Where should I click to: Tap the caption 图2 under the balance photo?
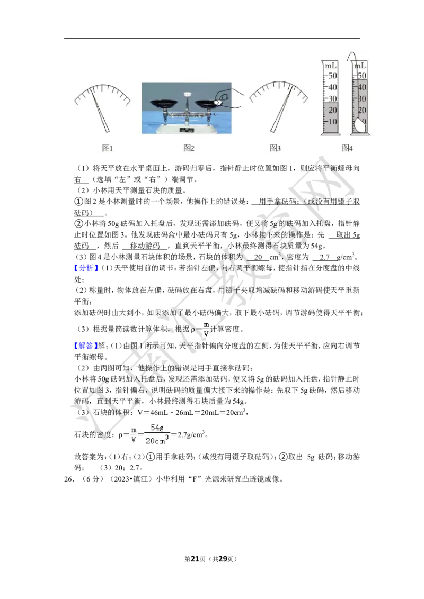(x=189, y=148)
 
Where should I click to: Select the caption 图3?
(x=275, y=148)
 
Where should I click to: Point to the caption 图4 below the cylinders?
(x=347, y=148)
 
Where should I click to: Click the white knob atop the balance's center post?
(x=186, y=94)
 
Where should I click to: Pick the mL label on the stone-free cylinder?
(x=331, y=66)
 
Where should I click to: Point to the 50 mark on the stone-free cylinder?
(x=332, y=76)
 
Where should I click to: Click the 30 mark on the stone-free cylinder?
(x=332, y=99)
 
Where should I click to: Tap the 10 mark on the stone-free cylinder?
(x=332, y=122)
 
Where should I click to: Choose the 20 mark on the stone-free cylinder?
(x=332, y=110)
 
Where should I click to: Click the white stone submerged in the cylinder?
(x=359, y=125)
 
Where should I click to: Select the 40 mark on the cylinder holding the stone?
(x=363, y=87)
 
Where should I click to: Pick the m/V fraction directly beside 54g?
(x=134, y=434)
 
